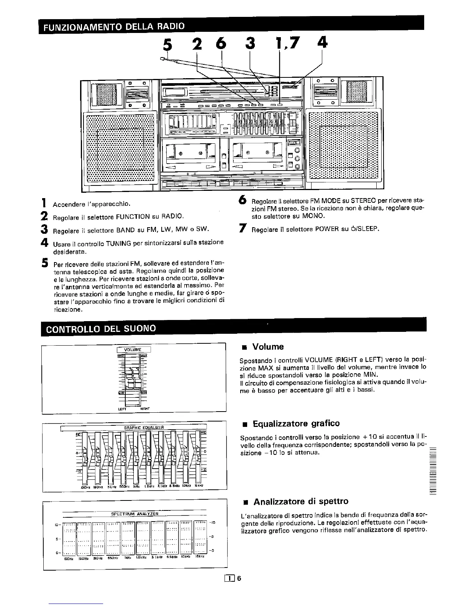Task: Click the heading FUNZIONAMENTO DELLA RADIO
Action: coord(114,26)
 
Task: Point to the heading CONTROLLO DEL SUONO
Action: coord(101,328)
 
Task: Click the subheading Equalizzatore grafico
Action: coord(296,423)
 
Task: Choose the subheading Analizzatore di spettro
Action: coord(301,501)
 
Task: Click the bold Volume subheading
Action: coord(268,347)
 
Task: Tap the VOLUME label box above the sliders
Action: coord(134,349)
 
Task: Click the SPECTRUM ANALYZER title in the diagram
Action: coord(134,514)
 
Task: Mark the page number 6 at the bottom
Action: coord(239,579)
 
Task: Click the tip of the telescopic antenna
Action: coord(162,59)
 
